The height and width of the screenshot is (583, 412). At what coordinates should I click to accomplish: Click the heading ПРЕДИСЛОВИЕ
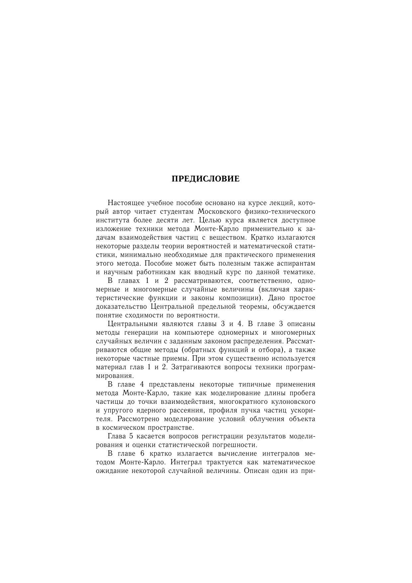[x=206, y=179]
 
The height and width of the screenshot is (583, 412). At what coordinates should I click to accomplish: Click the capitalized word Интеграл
[x=186, y=462]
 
